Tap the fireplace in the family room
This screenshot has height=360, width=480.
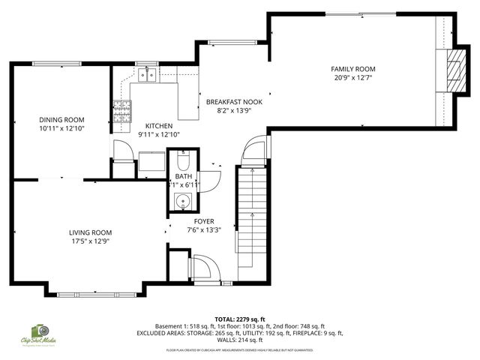[x=453, y=70]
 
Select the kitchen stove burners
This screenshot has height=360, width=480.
[x=121, y=110]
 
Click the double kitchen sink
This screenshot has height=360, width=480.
[x=148, y=74]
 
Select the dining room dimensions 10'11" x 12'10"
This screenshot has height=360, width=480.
[x=61, y=128]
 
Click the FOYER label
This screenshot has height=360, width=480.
[x=204, y=221]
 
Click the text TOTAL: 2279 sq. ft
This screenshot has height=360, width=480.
[x=240, y=319]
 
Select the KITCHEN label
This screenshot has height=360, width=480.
[x=158, y=126]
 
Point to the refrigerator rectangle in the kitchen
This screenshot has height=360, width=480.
[x=151, y=161]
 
